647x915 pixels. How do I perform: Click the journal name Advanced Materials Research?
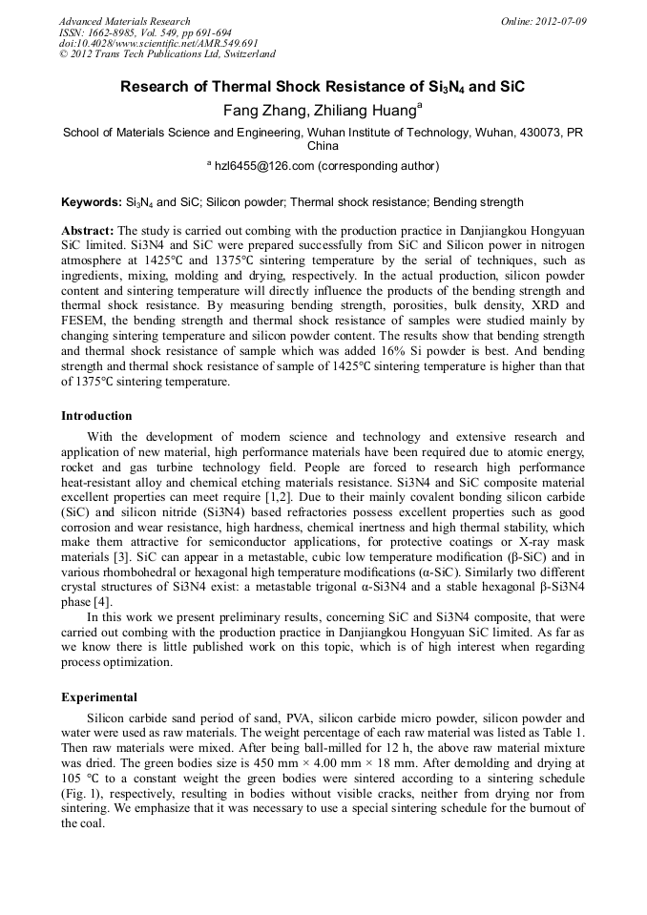tap(124, 21)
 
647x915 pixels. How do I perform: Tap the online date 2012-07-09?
tap(560, 21)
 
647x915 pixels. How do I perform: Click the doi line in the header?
tap(158, 43)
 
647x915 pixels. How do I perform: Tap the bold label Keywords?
tap(92, 202)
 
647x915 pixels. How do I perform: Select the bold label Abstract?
tap(88, 232)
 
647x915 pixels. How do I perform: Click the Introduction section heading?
tap(96, 416)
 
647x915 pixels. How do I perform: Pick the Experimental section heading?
tap(99, 697)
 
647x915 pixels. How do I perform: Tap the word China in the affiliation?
tap(323, 147)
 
